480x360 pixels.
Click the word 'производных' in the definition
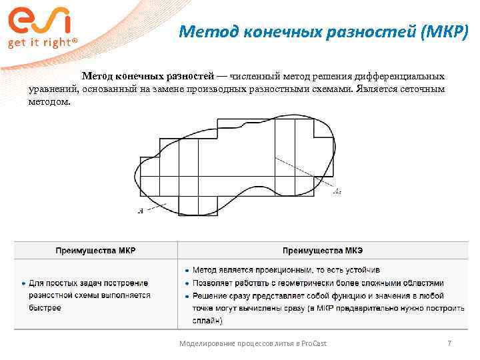(235, 89)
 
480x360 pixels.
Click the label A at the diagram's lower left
(140, 211)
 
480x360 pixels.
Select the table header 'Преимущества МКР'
(95, 251)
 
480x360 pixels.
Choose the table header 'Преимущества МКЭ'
(322, 251)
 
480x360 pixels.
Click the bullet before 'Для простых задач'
(23, 283)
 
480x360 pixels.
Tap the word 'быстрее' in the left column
(45, 308)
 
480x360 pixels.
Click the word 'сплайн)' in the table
(208, 321)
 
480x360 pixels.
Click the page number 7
(449, 343)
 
